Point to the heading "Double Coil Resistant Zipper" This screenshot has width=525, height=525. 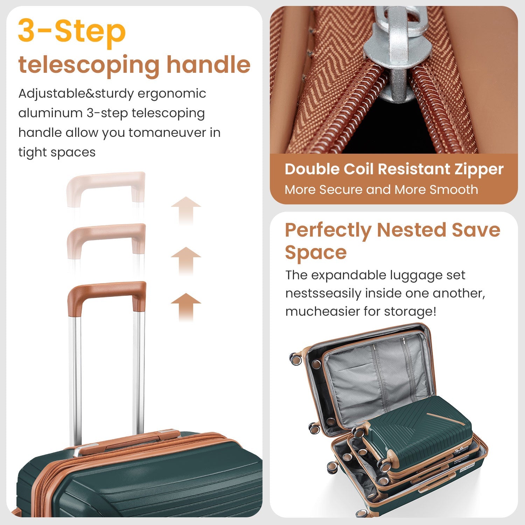(x=394, y=169)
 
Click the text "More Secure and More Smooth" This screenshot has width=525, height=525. (x=381, y=189)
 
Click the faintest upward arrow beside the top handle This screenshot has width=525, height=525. (x=186, y=210)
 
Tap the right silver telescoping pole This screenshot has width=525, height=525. (x=139, y=371)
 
